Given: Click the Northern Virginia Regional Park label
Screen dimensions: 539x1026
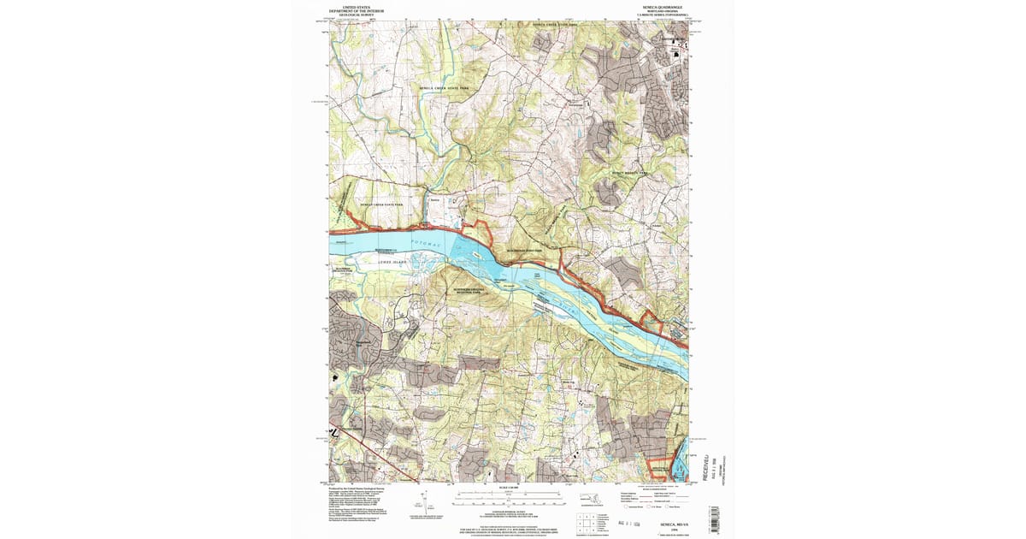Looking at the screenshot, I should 469,291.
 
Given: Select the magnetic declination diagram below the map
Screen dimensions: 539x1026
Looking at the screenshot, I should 422,501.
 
